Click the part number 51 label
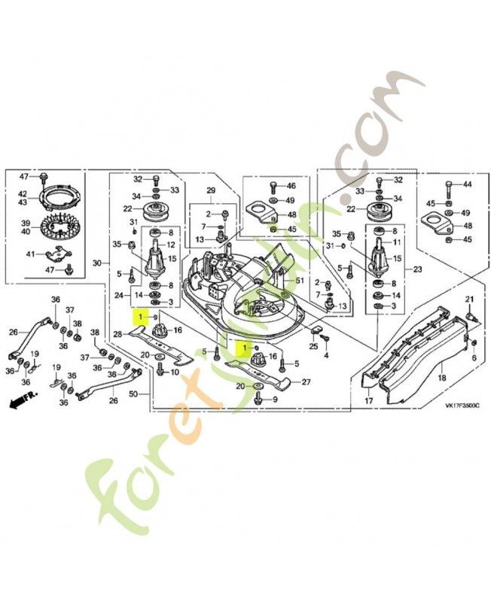coord(300,280)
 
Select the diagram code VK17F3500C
coord(462,406)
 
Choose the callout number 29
coord(211,190)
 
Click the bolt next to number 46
coord(273,187)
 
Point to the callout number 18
coord(442,378)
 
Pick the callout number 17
coord(368,402)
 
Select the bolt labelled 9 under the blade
coord(258,399)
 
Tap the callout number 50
coord(134,394)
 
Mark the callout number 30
coord(98,263)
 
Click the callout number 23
coord(418,269)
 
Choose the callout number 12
coord(171,245)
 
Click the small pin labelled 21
coord(470,317)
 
